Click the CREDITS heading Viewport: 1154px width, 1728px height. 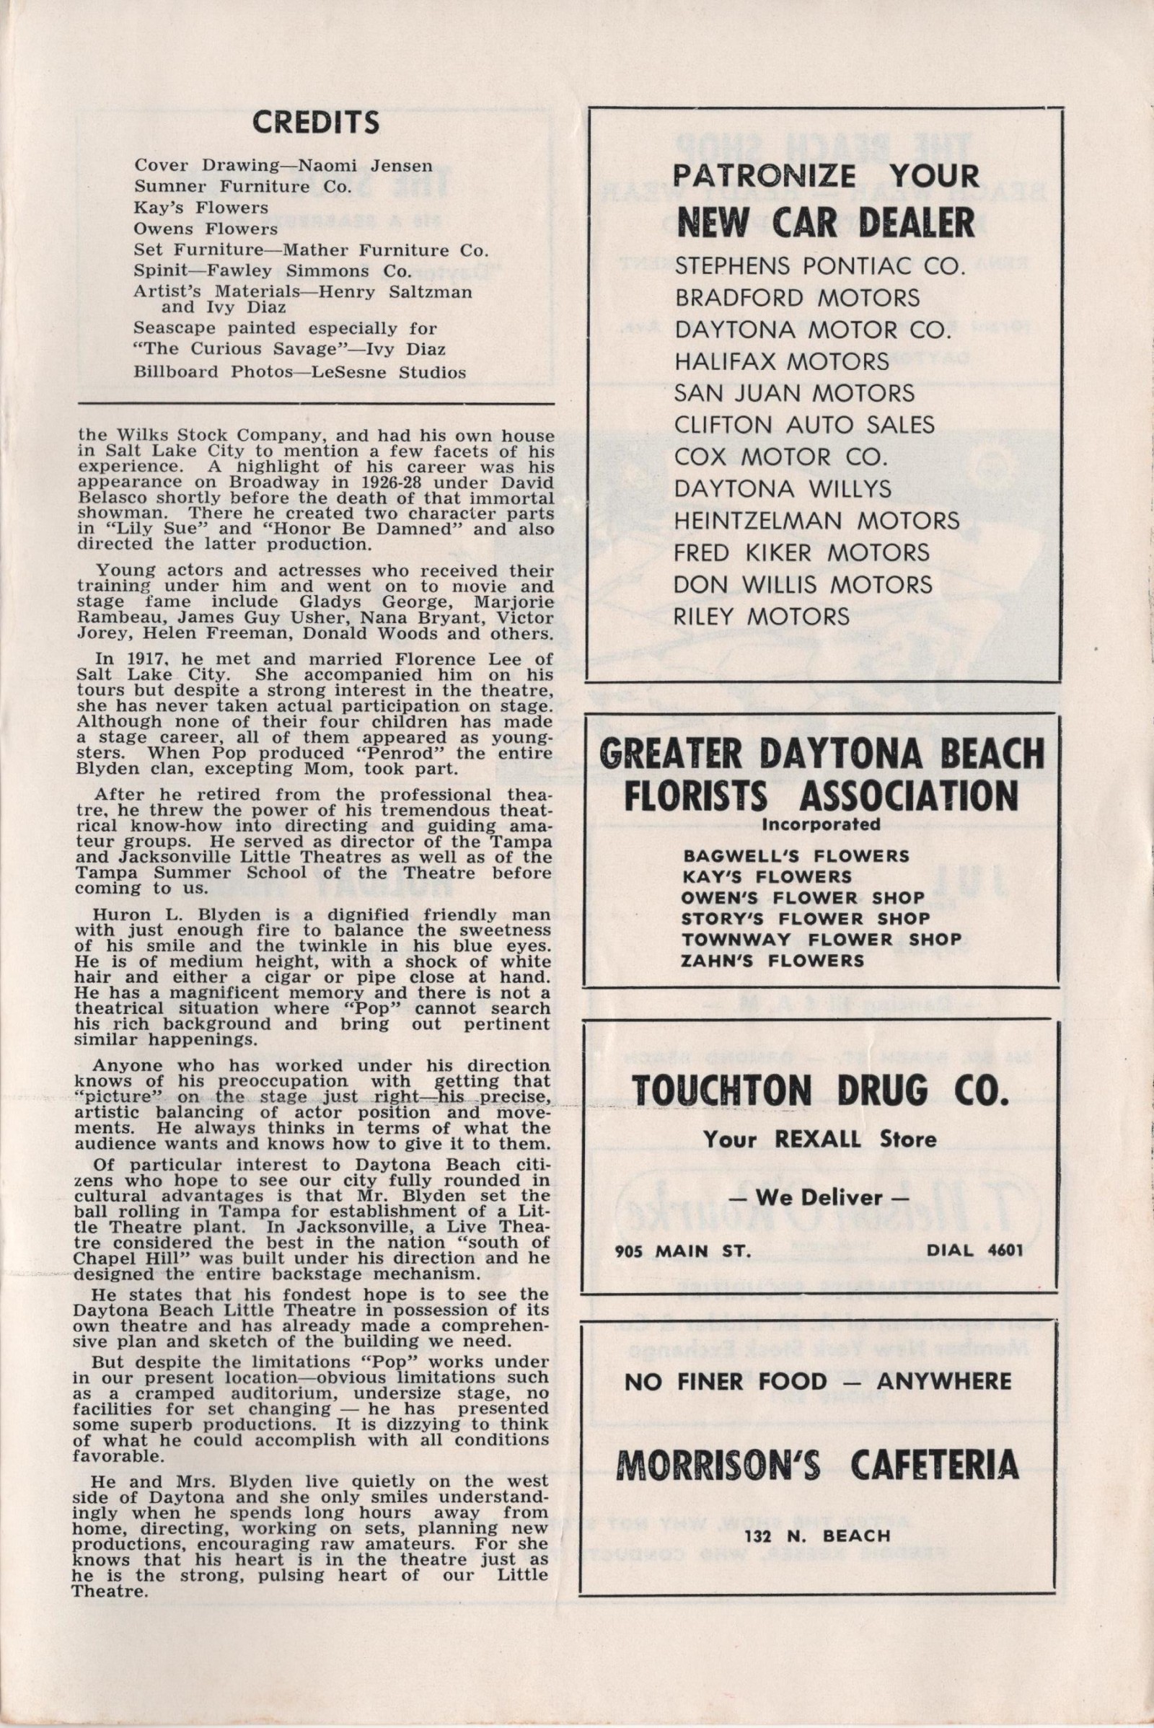(316, 123)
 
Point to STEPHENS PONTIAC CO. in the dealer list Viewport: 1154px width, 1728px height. (819, 265)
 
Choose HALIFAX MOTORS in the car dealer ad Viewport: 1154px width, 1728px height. (782, 361)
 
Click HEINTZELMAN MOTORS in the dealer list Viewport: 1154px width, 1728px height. (817, 520)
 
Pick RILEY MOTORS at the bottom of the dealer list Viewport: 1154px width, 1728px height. (762, 616)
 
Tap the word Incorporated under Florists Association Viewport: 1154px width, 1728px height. (822, 824)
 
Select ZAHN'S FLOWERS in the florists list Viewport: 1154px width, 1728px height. (772, 960)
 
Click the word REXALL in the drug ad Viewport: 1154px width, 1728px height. (824, 1139)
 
